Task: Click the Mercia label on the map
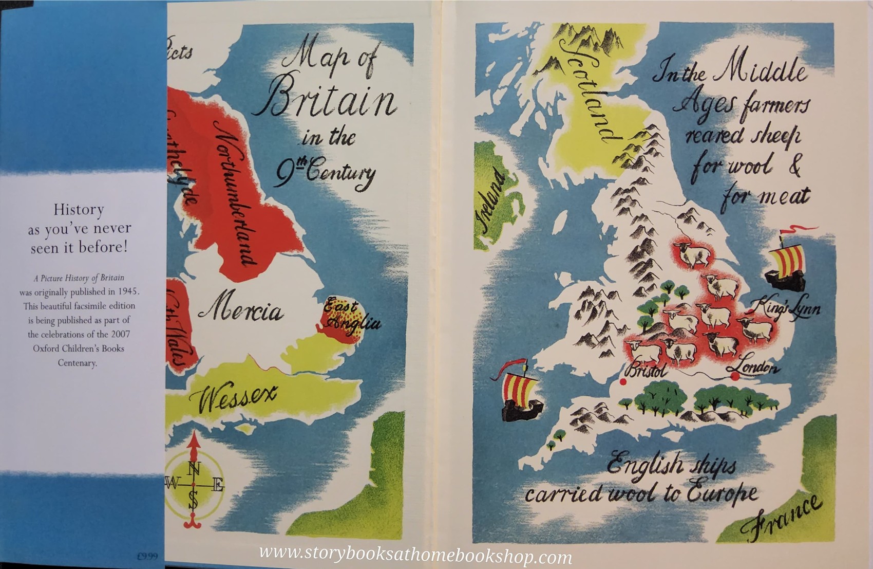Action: point(240,311)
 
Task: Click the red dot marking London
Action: point(735,377)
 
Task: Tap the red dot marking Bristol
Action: point(623,381)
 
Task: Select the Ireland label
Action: point(490,203)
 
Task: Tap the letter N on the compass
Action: point(194,469)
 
